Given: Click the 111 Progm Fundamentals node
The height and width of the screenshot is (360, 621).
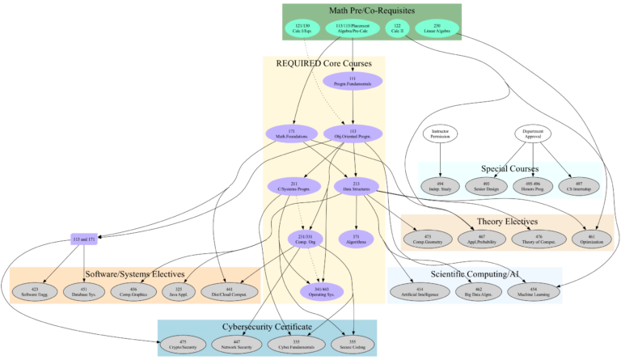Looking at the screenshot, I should (353, 80).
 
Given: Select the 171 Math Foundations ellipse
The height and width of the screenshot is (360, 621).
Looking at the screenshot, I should (291, 133).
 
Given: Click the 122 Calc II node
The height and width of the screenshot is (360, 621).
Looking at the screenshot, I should (397, 28).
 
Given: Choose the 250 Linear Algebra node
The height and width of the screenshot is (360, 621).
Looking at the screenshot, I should (437, 28).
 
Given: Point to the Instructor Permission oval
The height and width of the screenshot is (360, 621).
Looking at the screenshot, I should (440, 133).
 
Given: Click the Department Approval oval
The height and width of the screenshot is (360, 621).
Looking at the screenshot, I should (533, 133).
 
